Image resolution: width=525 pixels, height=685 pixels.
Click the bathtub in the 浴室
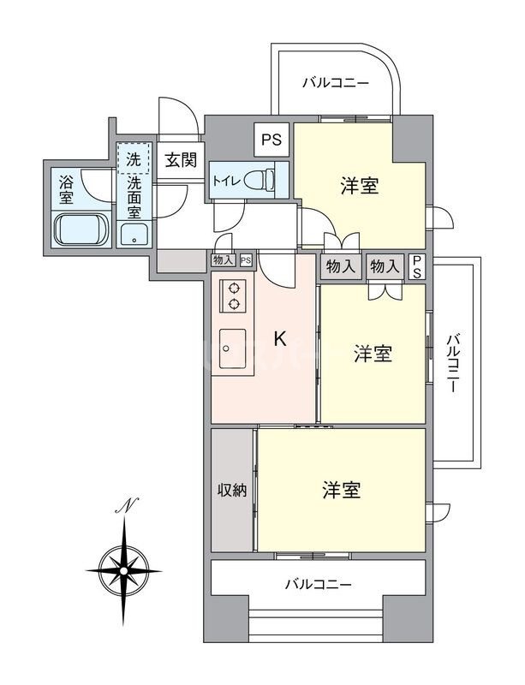tap(81, 229)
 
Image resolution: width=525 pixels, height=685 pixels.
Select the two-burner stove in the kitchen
tap(233, 295)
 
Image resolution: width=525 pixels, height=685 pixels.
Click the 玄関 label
tap(180, 159)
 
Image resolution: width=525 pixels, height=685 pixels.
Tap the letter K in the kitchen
tap(279, 339)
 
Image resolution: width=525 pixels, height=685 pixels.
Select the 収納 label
tap(231, 491)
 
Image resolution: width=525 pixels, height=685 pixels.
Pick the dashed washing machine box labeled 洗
tap(134, 158)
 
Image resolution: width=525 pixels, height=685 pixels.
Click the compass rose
tap(125, 566)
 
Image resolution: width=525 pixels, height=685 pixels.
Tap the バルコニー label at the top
tap(336, 84)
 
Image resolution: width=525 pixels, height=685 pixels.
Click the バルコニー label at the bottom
tap(319, 586)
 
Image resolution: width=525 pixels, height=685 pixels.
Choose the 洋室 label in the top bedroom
tap(360, 186)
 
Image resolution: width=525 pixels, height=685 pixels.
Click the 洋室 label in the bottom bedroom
tap(341, 491)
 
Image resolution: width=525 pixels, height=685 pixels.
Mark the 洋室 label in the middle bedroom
tap(373, 354)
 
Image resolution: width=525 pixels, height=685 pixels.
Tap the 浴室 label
tap(65, 189)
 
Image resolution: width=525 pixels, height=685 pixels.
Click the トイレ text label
tap(225, 182)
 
